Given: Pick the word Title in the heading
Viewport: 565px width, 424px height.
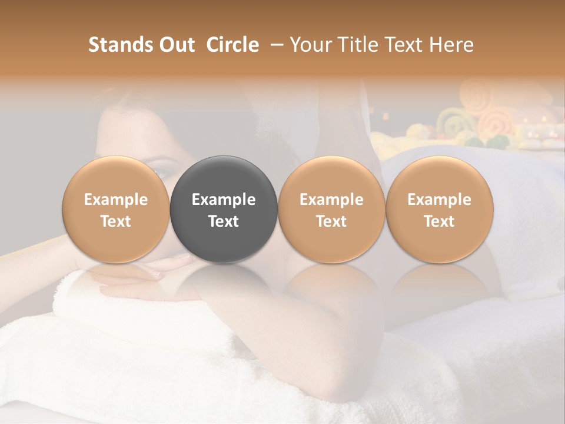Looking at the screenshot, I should tap(358, 45).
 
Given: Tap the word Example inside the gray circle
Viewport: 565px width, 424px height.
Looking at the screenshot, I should tap(224, 200).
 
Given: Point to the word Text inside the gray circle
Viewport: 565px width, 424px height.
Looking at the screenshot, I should tap(224, 221).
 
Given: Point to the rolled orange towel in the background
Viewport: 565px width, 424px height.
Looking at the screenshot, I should tap(495, 121).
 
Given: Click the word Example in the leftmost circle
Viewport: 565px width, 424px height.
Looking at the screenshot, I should tap(116, 200).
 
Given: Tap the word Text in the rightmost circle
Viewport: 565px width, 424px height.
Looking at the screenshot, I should tap(439, 221).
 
